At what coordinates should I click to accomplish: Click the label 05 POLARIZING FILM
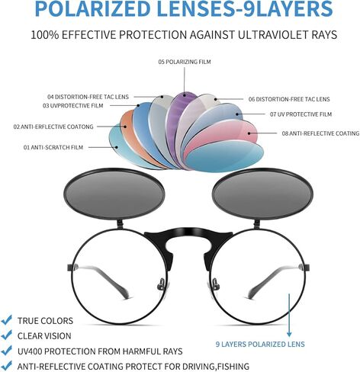tap(185, 62)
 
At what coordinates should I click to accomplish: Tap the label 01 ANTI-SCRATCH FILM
tap(53, 147)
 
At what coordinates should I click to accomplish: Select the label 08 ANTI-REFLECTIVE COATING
tap(320, 133)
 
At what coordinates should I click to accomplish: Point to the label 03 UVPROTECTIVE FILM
tap(73, 105)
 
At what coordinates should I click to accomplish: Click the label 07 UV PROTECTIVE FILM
tap(301, 114)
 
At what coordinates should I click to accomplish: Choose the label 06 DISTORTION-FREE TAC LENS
tap(289, 99)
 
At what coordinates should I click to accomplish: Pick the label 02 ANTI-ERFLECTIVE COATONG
tap(53, 127)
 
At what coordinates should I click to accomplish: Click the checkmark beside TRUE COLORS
tap(7, 319)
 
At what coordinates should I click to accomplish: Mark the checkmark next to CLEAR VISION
tap(7, 335)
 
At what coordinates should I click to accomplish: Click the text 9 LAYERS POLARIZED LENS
tap(260, 345)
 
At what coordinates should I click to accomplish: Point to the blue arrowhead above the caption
tap(289, 334)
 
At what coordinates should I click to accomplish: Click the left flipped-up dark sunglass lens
tap(114, 194)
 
